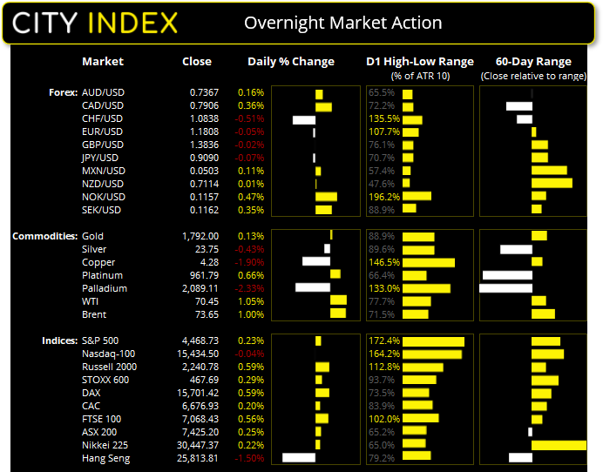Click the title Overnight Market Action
pyautogui.click(x=342, y=24)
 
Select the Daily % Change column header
pyautogui.click(x=290, y=62)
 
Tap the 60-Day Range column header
pyautogui.click(x=532, y=62)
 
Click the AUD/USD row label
pyautogui.click(x=102, y=92)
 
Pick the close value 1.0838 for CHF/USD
pyautogui.click(x=206, y=118)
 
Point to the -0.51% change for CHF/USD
pyautogui.click(x=250, y=118)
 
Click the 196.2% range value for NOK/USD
pyautogui.click(x=383, y=197)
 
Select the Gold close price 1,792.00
pyautogui.click(x=200, y=236)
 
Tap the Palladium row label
pyautogui.click(x=104, y=288)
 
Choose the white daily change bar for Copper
pyautogui.click(x=315, y=262)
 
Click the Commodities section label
pyautogui.click(x=43, y=236)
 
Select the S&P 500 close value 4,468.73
pyautogui.click(x=200, y=341)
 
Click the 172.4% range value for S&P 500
pyautogui.click(x=383, y=341)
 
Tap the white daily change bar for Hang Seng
pyautogui.click(x=298, y=458)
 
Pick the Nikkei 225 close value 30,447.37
pyautogui.click(x=197, y=445)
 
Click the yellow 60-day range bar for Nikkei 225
pyautogui.click(x=559, y=445)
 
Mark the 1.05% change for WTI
pyautogui.click(x=251, y=301)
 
